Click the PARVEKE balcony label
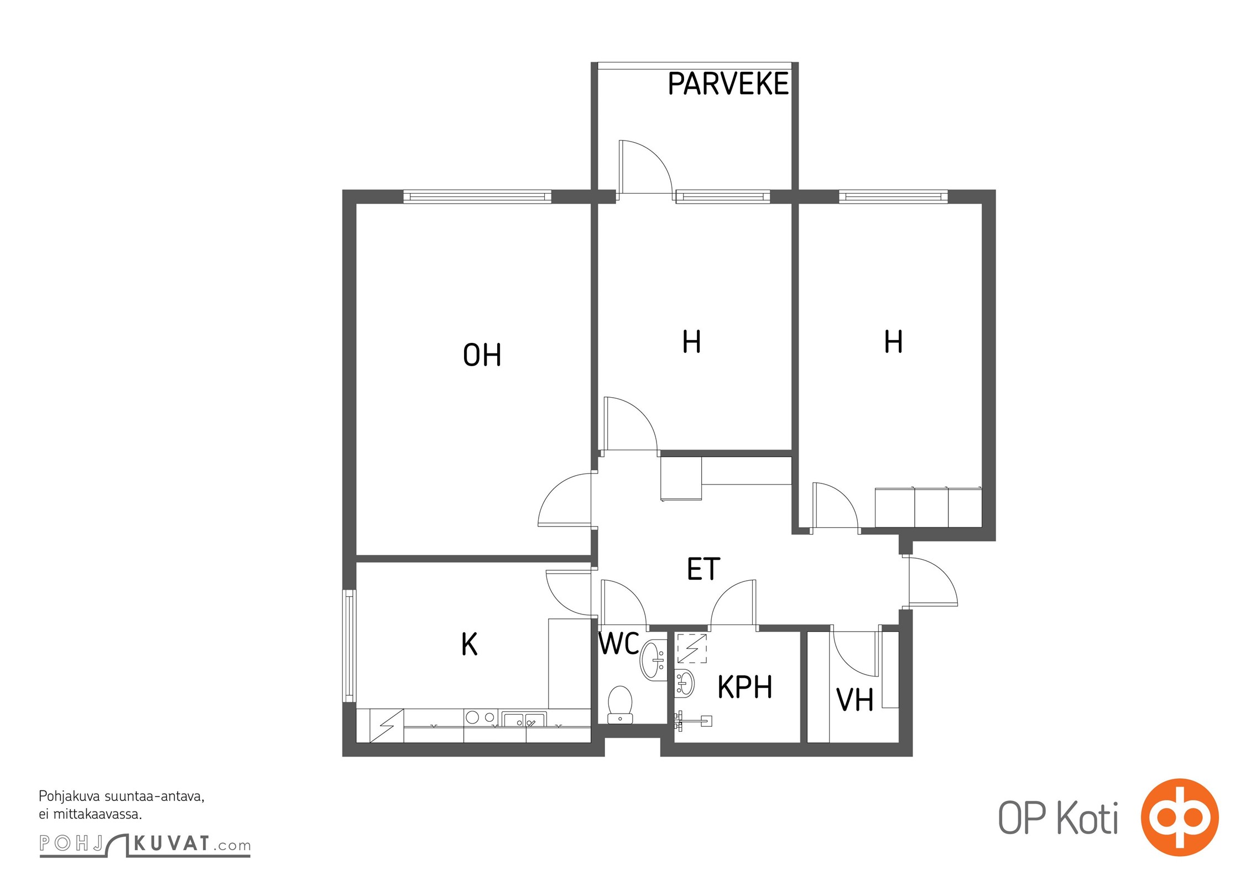click(x=728, y=84)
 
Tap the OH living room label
click(x=482, y=355)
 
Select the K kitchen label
click(x=469, y=644)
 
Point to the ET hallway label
click(x=703, y=569)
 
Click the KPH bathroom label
click(x=744, y=688)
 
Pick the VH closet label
click(x=854, y=700)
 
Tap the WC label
click(x=619, y=643)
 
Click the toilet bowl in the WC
click(x=620, y=704)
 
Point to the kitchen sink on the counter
click(x=524, y=719)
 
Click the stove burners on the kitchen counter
click(x=481, y=717)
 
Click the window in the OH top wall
click(x=477, y=196)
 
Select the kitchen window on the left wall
click(x=350, y=646)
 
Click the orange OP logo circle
click(x=1180, y=818)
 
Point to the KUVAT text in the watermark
click(x=172, y=844)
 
